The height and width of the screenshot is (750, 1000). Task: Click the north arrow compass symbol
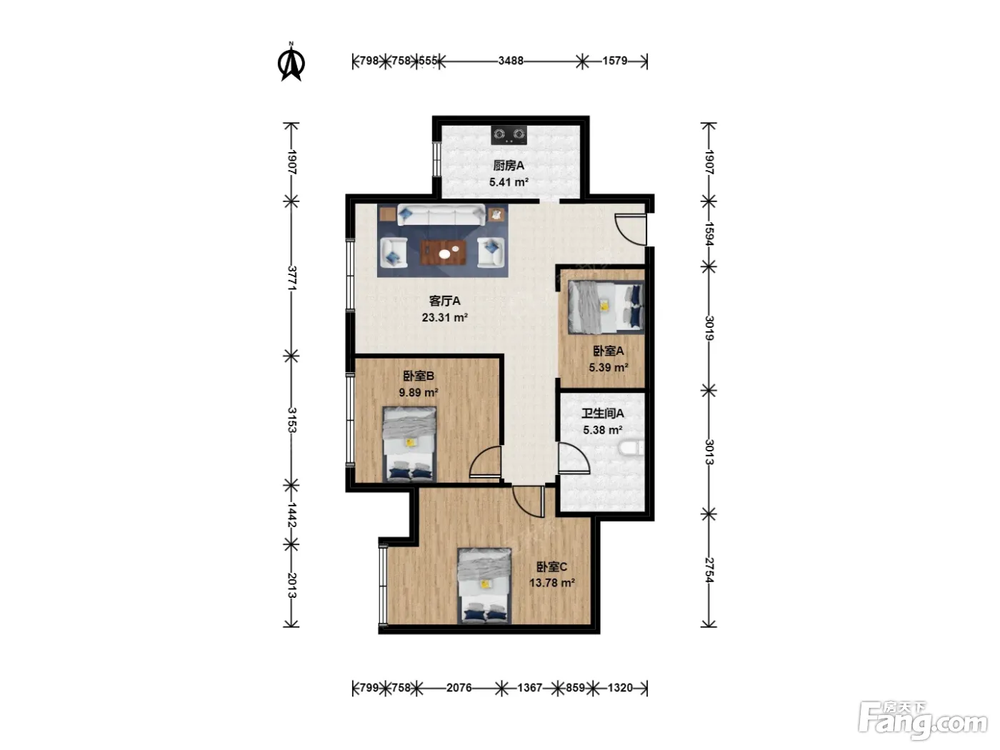pyautogui.click(x=291, y=62)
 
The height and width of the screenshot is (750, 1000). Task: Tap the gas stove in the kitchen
pyautogui.click(x=509, y=135)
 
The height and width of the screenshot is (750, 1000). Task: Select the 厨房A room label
pyautogui.click(x=509, y=166)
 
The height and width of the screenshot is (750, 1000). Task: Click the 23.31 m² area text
pyautogui.click(x=445, y=317)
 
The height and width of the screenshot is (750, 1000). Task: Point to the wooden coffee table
pyautogui.click(x=444, y=252)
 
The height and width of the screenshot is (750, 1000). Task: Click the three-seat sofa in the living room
pyautogui.click(x=441, y=215)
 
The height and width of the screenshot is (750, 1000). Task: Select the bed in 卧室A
pyautogui.click(x=606, y=307)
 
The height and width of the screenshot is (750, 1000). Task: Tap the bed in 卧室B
pyautogui.click(x=409, y=444)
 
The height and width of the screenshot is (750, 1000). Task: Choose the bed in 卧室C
pyautogui.click(x=484, y=586)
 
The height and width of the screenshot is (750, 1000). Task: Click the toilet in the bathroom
pyautogui.click(x=631, y=448)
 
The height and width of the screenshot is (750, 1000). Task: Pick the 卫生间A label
pyautogui.click(x=602, y=414)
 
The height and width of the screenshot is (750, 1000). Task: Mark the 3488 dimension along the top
pyautogui.click(x=511, y=61)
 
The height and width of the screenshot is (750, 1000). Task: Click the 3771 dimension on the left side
pyautogui.click(x=292, y=279)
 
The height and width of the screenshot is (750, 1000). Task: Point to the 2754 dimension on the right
pyautogui.click(x=709, y=570)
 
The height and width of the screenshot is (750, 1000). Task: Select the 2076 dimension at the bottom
pyautogui.click(x=459, y=688)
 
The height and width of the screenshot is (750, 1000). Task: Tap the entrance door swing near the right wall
pyautogui.click(x=630, y=229)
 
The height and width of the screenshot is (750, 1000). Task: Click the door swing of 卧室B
pyautogui.click(x=485, y=461)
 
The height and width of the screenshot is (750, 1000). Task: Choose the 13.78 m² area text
pyautogui.click(x=551, y=583)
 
